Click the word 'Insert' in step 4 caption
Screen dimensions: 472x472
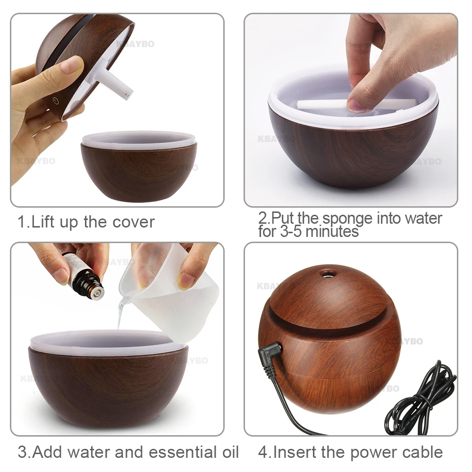295,452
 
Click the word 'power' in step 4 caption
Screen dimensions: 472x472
372,452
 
